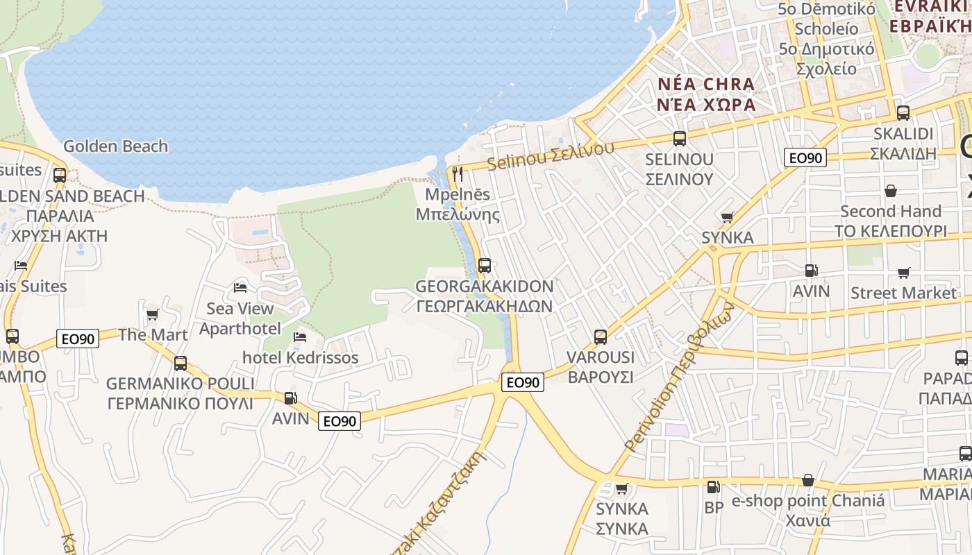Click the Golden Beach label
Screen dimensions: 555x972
(x=115, y=146)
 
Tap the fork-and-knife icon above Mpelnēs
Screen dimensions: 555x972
(x=458, y=173)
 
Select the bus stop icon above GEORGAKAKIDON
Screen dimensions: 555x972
(x=485, y=265)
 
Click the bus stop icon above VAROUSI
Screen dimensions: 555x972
(x=601, y=337)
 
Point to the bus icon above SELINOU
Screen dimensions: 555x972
(x=679, y=138)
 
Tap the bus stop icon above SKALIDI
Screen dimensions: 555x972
(x=903, y=112)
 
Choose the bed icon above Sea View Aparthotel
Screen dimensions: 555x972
(x=240, y=287)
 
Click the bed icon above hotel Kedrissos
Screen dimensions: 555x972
(x=300, y=337)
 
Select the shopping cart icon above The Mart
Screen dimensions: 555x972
(x=153, y=314)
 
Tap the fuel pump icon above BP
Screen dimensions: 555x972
(x=712, y=487)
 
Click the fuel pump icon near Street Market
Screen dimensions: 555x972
(x=811, y=271)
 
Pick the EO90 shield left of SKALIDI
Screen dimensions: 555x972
(x=805, y=158)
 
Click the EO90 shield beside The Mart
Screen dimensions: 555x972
(x=78, y=339)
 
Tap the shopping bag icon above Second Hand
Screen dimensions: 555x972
(x=890, y=190)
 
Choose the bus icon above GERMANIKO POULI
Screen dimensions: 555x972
(x=181, y=363)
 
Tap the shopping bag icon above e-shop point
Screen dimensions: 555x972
(x=808, y=480)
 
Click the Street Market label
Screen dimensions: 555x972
(x=903, y=293)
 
